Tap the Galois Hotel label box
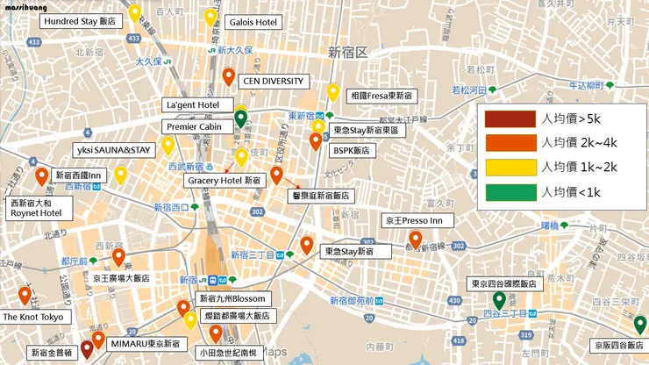pos(253,20)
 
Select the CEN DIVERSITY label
pos(273,82)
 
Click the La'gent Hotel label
pos(192,105)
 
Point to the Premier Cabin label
pos(193,126)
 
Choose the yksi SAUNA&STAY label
pos(114,150)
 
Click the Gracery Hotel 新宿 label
pos(225,179)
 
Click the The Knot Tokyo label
pos(32,316)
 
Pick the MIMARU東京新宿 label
pos(145,344)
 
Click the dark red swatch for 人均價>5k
pos(512,118)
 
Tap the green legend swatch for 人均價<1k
pos(512,190)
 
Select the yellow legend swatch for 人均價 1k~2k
pos(512,167)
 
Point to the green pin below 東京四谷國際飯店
pos(498,299)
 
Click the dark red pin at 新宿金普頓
pos(87,348)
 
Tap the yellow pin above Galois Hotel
pos(210,16)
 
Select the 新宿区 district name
pos(346,51)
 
